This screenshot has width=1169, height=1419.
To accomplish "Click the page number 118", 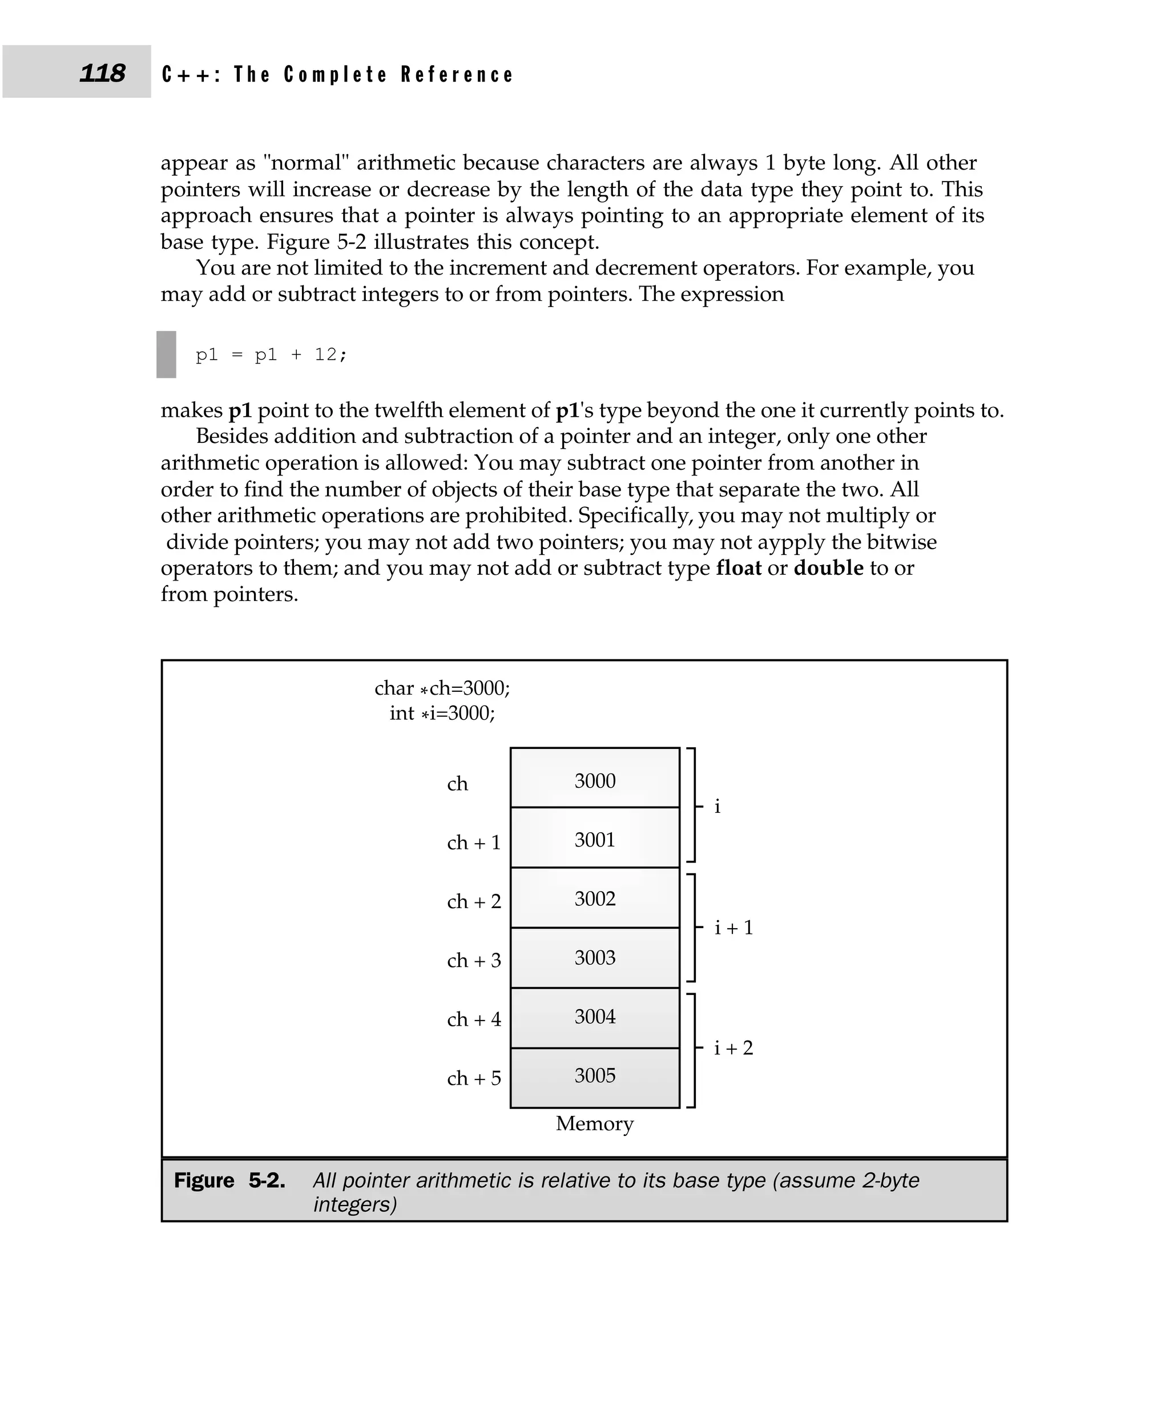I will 102,72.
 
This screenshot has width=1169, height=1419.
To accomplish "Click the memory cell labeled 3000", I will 595,780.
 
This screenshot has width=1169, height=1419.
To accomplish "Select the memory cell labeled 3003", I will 595,957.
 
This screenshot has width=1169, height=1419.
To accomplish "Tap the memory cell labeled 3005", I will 595,1075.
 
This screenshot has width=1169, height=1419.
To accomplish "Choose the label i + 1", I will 733,928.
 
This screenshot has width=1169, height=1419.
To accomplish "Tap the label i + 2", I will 733,1047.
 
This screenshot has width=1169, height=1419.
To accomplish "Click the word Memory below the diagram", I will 595,1123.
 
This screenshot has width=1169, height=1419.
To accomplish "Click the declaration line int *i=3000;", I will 442,712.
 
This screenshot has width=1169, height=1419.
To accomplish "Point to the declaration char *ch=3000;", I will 442,688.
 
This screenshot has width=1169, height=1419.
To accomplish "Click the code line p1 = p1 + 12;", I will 271,354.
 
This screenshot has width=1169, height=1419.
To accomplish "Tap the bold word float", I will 738,568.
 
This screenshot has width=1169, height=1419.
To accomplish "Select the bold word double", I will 828,568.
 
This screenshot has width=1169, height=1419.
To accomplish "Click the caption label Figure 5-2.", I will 229,1180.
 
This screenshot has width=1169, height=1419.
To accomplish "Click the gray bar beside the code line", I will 166,354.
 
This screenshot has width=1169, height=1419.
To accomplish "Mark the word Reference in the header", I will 457,74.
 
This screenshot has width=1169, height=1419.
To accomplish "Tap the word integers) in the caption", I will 355,1204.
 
